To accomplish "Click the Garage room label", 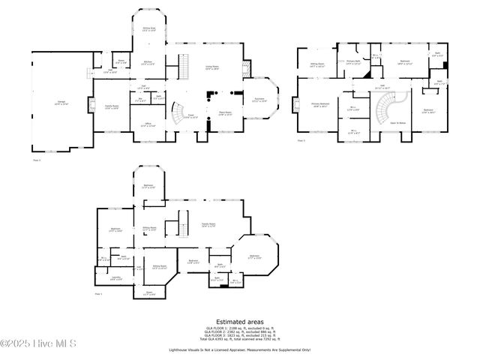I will (59, 103).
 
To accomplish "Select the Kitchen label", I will (148, 62).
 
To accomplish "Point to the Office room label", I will (148, 124).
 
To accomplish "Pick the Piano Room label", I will (225, 113).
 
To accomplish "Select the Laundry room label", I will (115, 278).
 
